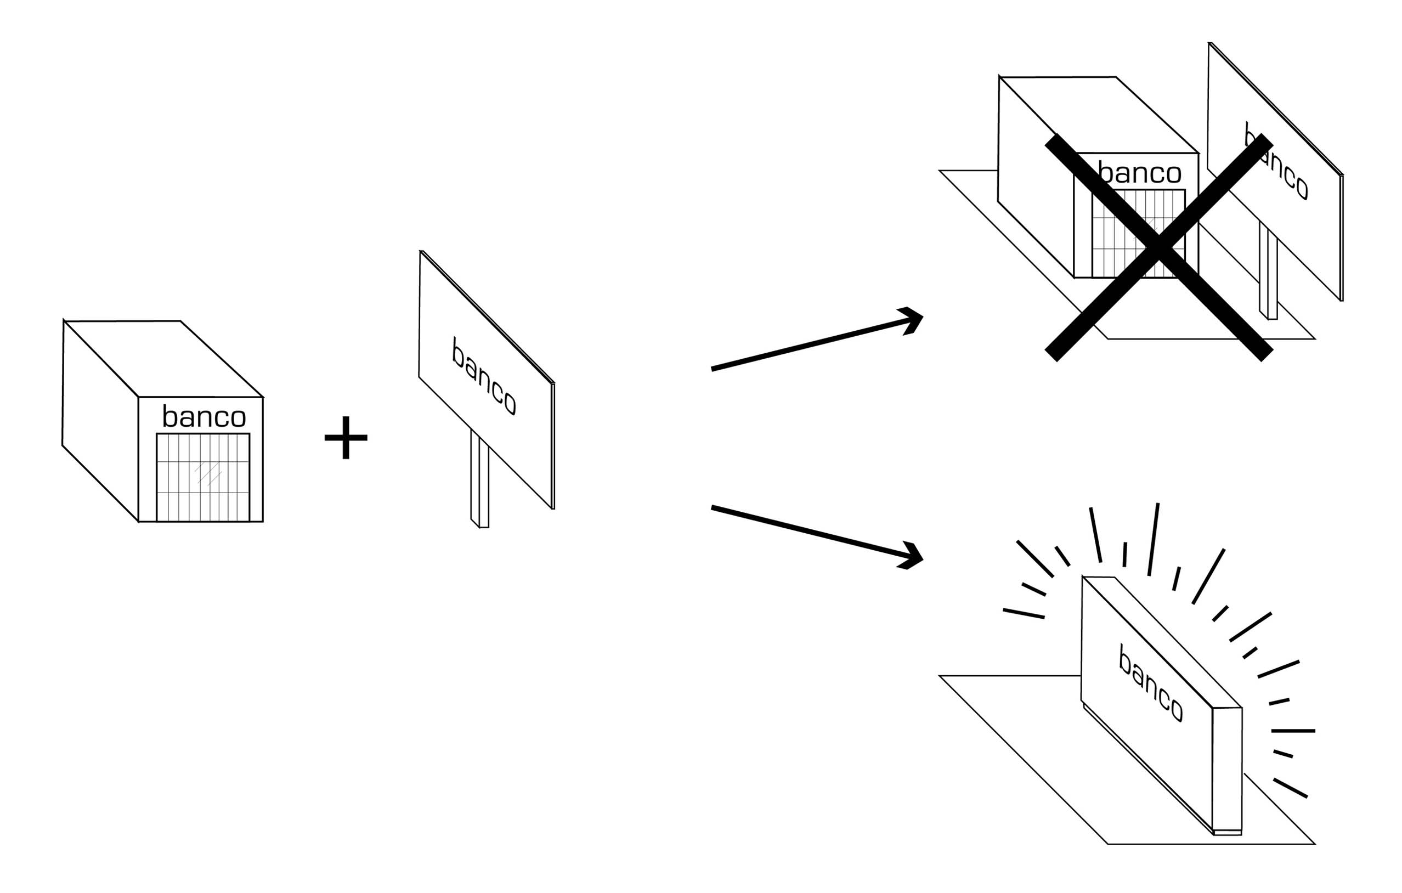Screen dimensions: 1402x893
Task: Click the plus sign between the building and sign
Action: [x=346, y=437]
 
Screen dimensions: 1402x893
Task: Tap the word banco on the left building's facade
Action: [x=204, y=416]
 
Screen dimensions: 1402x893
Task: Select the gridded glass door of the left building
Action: [x=202, y=477]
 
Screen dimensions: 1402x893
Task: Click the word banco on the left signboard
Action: [x=484, y=376]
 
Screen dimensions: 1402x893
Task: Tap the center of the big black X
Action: [x=1158, y=247]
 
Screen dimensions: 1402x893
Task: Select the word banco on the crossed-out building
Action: [x=1139, y=173]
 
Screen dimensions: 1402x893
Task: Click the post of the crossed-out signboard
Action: [x=1268, y=270]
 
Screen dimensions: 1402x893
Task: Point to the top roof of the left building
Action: [x=163, y=359]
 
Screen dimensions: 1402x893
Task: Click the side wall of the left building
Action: [x=100, y=421]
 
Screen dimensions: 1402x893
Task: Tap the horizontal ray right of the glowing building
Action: [x=1293, y=731]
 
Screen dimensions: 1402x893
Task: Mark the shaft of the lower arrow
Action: [x=809, y=532]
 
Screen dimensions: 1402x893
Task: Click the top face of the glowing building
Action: [x=1162, y=642]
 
